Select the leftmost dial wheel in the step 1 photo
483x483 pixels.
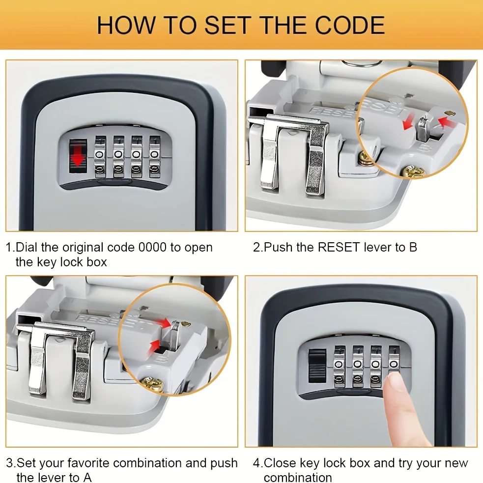point(100,157)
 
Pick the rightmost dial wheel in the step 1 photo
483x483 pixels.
point(155,157)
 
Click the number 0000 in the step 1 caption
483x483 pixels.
point(152,247)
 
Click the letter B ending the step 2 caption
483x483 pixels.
point(413,247)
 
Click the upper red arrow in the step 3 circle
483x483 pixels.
point(163,322)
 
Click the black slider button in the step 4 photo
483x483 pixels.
point(317,366)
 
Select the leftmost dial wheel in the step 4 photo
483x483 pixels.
point(339,366)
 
